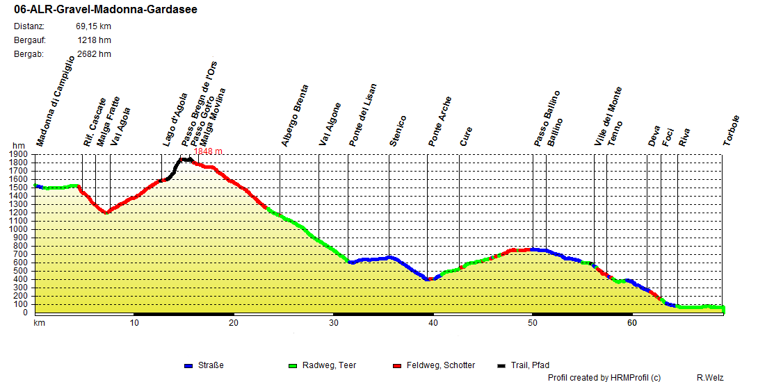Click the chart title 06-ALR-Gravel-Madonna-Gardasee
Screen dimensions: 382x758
click(105, 10)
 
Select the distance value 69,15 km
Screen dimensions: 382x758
click(93, 26)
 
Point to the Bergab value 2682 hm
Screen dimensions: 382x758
click(94, 53)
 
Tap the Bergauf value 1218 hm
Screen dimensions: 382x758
click(94, 40)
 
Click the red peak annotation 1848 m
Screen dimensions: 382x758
click(208, 151)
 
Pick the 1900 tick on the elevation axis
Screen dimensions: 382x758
click(19, 154)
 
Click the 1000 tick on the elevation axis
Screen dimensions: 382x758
click(19, 229)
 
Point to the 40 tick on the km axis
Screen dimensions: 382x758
click(433, 323)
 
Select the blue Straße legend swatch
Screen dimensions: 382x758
click(188, 365)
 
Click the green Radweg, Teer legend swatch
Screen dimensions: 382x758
click(292, 365)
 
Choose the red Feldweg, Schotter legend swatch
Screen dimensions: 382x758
click(397, 365)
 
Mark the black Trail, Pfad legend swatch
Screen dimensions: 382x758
click(502, 365)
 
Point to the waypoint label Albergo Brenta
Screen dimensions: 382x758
click(295, 115)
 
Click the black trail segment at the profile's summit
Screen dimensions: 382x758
click(185, 160)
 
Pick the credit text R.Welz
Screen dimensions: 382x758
click(710, 377)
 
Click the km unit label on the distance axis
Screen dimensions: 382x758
click(39, 323)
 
